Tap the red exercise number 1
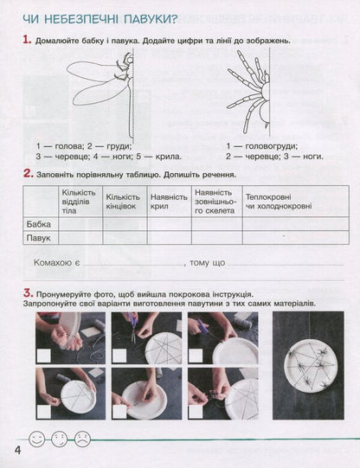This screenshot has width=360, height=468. (28, 39)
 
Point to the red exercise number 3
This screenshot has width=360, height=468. (29, 292)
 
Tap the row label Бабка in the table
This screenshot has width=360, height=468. (40, 222)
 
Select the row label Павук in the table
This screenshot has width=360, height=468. (40, 236)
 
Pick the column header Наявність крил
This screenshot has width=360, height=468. (169, 202)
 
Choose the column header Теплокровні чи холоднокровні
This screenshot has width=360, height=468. (276, 202)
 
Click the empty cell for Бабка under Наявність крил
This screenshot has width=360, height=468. (169, 222)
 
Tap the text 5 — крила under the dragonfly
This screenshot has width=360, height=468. (162, 157)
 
